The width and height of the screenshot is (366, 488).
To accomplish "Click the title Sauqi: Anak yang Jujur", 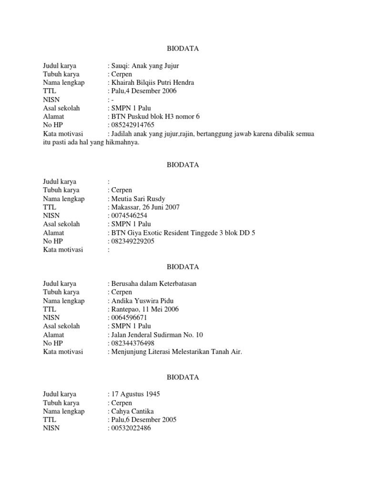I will tap(145, 66).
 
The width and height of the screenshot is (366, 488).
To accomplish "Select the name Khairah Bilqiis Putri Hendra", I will tap(152, 82).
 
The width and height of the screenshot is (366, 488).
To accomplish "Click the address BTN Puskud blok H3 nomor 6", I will tap(155, 116).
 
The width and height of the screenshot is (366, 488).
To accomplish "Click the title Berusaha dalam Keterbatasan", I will tap(153, 284).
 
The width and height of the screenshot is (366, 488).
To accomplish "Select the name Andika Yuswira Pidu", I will tap(142, 301).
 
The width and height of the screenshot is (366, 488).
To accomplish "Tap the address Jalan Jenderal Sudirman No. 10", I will tap(157, 335).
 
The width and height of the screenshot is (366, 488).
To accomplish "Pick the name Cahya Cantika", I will tap(132, 411).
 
